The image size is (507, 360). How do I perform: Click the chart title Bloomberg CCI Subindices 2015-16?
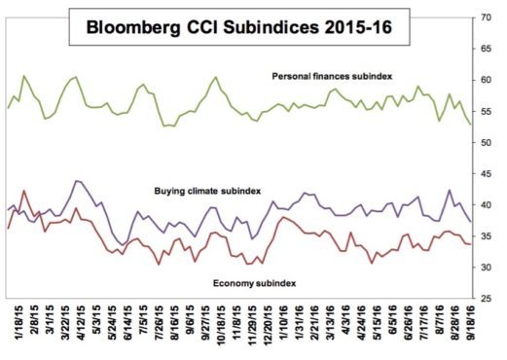[238, 27]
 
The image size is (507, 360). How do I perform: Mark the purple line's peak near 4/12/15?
[76, 180]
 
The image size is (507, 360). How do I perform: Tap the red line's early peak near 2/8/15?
[23, 191]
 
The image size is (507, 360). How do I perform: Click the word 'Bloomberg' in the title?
[132, 27]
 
